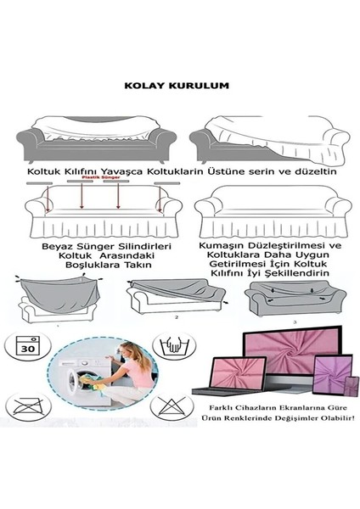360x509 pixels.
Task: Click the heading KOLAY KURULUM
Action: pos(179,86)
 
